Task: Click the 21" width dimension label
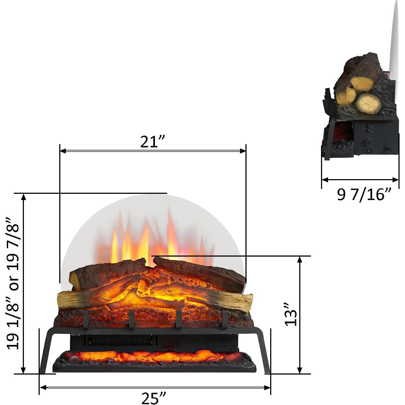coord(153,142)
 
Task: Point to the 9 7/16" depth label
coord(364,195)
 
